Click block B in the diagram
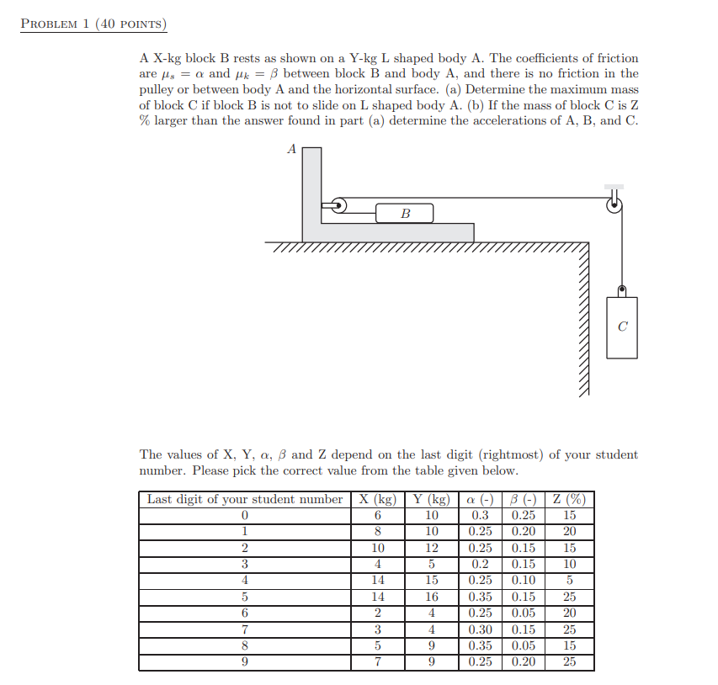[x=404, y=213]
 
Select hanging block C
[x=621, y=327]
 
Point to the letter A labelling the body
[x=292, y=149]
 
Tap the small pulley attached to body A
[x=338, y=204]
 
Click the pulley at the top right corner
[x=614, y=202]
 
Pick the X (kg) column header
[x=378, y=499]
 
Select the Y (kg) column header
[x=432, y=499]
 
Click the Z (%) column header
[x=570, y=499]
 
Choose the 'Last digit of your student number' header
[x=244, y=499]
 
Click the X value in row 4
[x=378, y=580]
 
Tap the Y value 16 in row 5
[x=432, y=597]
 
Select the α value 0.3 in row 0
[x=481, y=515]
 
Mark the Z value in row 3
[x=570, y=564]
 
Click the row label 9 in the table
[x=244, y=661]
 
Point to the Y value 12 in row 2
[x=432, y=548]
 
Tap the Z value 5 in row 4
[x=570, y=580]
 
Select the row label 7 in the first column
[x=244, y=629]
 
